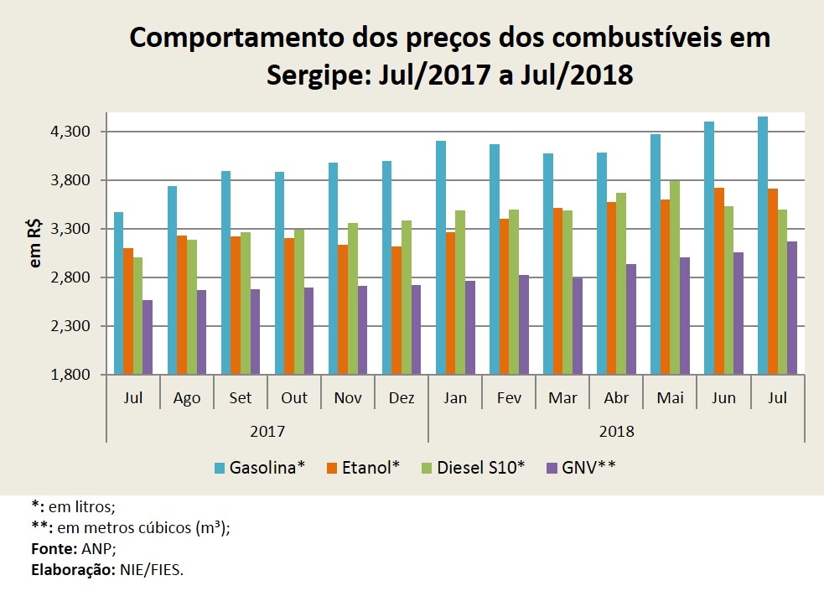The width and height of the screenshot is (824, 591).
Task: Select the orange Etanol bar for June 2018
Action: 718,281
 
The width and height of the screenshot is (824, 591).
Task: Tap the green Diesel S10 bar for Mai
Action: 675,277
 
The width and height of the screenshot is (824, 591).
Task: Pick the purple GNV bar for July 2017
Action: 148,337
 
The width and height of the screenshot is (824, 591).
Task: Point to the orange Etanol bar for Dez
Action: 396,310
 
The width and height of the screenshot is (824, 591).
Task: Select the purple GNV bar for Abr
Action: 630,319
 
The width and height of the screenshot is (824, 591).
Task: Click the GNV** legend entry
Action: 581,467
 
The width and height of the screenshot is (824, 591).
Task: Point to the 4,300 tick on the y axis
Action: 71,132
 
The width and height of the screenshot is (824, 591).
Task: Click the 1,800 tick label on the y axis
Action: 71,374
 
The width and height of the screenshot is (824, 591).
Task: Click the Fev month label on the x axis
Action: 509,398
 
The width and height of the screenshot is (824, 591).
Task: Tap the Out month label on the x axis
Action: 294,398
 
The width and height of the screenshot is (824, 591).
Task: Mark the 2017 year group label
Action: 267,432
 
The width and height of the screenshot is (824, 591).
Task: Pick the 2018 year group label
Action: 616,432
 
